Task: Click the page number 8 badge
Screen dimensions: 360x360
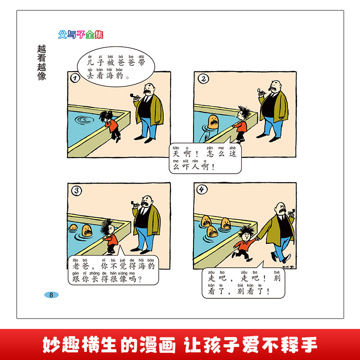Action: pos(51,295)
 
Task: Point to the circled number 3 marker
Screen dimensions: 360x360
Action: pos(75,191)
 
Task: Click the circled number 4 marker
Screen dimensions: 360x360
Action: pos(202,190)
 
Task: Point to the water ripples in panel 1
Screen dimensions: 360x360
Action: pos(84,120)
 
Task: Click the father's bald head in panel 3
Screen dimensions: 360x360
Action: pos(146,200)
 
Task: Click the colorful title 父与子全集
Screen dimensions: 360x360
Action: pos(81,35)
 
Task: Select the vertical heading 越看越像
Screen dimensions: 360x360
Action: pos(43,63)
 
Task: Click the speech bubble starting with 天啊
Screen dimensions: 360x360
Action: pos(205,159)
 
